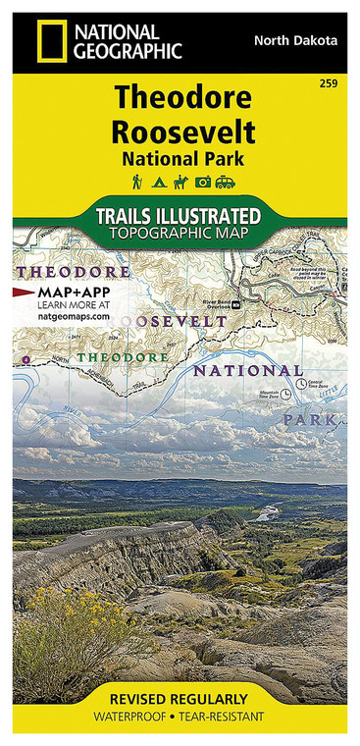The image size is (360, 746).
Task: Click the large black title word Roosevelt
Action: (180, 132)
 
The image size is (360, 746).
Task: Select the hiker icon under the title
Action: (137, 182)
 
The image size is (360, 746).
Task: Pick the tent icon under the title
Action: (158, 182)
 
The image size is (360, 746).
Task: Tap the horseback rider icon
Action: (180, 182)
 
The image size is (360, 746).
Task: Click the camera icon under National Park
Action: (202, 182)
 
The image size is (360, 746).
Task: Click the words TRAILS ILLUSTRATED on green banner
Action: (179, 215)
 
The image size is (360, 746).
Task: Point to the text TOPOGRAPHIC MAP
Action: (179, 237)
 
